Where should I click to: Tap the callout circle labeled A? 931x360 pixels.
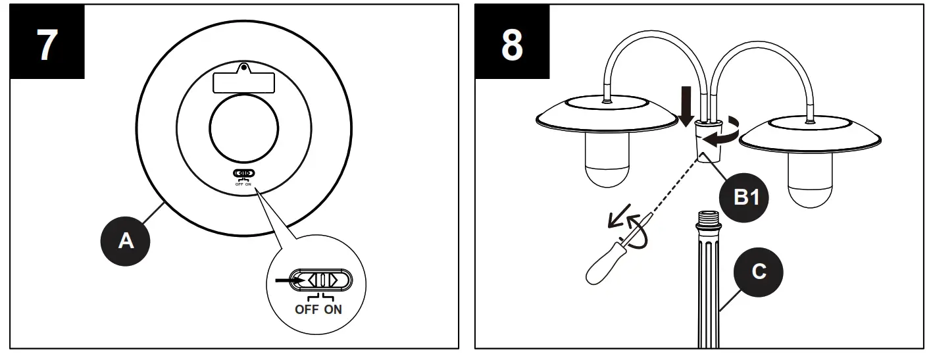click(126, 241)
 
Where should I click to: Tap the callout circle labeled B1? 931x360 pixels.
click(742, 197)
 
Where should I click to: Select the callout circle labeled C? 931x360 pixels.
click(759, 271)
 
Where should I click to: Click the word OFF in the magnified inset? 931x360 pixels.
click(306, 309)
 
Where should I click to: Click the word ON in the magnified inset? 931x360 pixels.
click(333, 309)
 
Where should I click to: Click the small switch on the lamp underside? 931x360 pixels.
click(244, 174)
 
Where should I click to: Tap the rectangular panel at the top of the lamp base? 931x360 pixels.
click(244, 82)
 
